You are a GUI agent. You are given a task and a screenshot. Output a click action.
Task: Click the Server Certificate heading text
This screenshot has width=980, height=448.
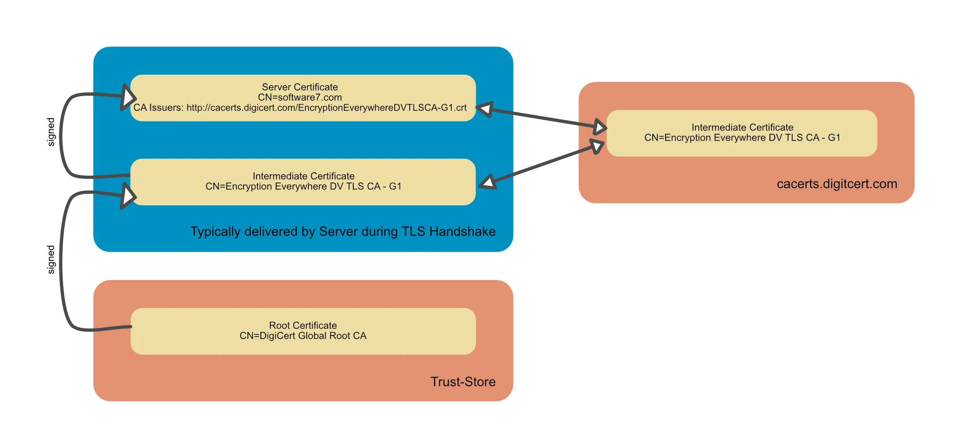(x=300, y=87)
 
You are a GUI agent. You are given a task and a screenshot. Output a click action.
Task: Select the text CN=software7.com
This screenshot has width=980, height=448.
(x=300, y=97)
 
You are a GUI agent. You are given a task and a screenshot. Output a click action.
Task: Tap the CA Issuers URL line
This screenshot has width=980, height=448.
(x=300, y=108)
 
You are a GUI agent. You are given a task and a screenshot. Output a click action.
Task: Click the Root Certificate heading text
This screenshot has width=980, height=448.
(x=302, y=325)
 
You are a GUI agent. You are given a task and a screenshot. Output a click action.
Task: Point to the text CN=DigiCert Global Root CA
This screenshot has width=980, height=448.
(x=302, y=336)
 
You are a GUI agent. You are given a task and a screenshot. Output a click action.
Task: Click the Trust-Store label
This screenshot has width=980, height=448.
(x=463, y=381)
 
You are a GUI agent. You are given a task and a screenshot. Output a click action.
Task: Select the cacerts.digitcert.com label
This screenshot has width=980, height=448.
(x=836, y=184)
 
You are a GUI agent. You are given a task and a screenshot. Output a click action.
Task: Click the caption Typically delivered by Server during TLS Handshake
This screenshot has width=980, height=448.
(x=343, y=232)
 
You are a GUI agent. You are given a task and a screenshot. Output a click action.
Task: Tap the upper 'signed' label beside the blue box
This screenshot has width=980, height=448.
(x=51, y=132)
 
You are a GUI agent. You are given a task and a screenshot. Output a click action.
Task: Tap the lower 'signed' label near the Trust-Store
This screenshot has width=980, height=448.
(x=51, y=259)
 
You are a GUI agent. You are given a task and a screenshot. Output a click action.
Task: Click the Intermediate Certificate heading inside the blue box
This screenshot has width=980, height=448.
(x=303, y=176)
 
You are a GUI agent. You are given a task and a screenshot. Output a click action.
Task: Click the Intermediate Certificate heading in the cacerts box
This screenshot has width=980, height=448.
(x=742, y=127)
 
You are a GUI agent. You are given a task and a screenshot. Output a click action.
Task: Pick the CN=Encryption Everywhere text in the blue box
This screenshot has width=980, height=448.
(x=303, y=187)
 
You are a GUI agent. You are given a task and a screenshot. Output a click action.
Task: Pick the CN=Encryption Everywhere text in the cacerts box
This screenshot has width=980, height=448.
(x=742, y=138)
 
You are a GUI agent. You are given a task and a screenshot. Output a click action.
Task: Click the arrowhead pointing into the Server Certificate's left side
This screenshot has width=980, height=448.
(x=127, y=98)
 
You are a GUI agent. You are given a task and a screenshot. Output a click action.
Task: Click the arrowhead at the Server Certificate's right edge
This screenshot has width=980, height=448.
(x=485, y=109)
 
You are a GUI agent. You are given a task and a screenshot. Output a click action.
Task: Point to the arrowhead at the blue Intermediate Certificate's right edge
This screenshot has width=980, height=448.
(x=488, y=182)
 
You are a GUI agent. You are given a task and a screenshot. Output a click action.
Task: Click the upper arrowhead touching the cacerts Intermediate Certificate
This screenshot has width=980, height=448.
(x=600, y=127)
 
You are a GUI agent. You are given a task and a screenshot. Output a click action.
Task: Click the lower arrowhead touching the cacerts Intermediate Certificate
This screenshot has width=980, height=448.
(x=597, y=146)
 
